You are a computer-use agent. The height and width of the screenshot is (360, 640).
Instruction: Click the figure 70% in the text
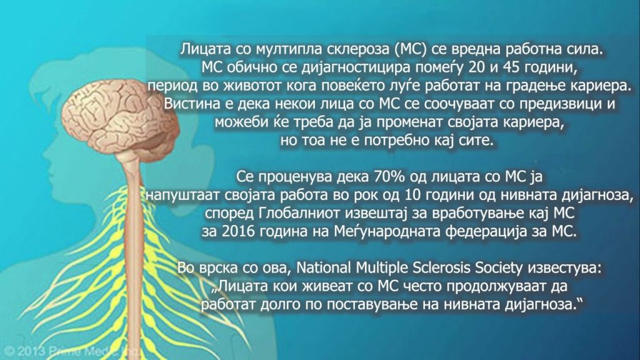tap(389, 177)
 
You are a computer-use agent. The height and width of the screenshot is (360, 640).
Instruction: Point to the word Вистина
tap(191, 104)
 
